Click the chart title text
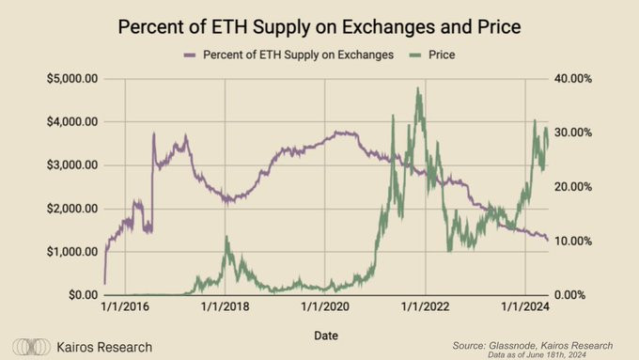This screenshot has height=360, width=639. point(319,26)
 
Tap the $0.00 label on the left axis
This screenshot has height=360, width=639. point(82,295)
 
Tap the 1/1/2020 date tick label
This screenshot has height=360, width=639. point(325,306)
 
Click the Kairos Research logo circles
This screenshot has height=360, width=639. point(32,347)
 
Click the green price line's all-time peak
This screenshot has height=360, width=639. point(416,89)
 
